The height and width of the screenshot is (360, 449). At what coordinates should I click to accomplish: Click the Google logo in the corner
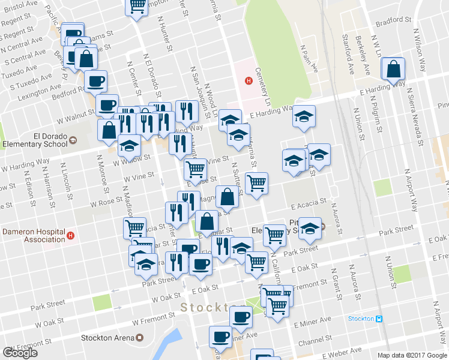pos(19,353)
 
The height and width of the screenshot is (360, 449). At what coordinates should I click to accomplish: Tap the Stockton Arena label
pos(108,337)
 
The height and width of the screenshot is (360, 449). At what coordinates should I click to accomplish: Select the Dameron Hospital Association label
pos(32,235)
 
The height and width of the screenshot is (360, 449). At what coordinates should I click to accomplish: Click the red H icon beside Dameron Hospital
pos(71,235)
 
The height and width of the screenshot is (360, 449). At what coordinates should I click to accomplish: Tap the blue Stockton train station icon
pos(379,319)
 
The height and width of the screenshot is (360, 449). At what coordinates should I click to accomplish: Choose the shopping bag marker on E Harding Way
pos(393,70)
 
